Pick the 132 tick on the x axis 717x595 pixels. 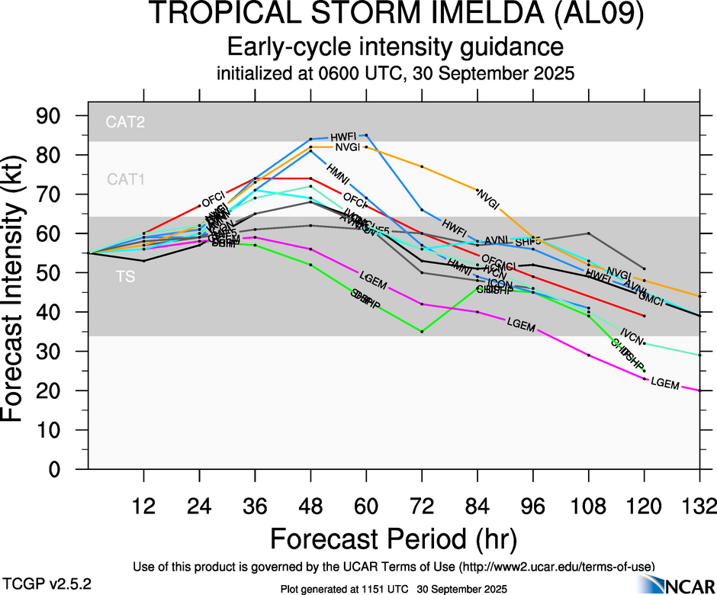pyautogui.click(x=699, y=506)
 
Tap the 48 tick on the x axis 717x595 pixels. pyautogui.click(x=310, y=506)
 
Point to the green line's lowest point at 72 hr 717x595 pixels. pyautogui.click(x=422, y=331)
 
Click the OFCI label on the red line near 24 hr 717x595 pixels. pyautogui.click(x=212, y=201)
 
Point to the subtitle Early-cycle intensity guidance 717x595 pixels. pyautogui.click(x=396, y=47)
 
